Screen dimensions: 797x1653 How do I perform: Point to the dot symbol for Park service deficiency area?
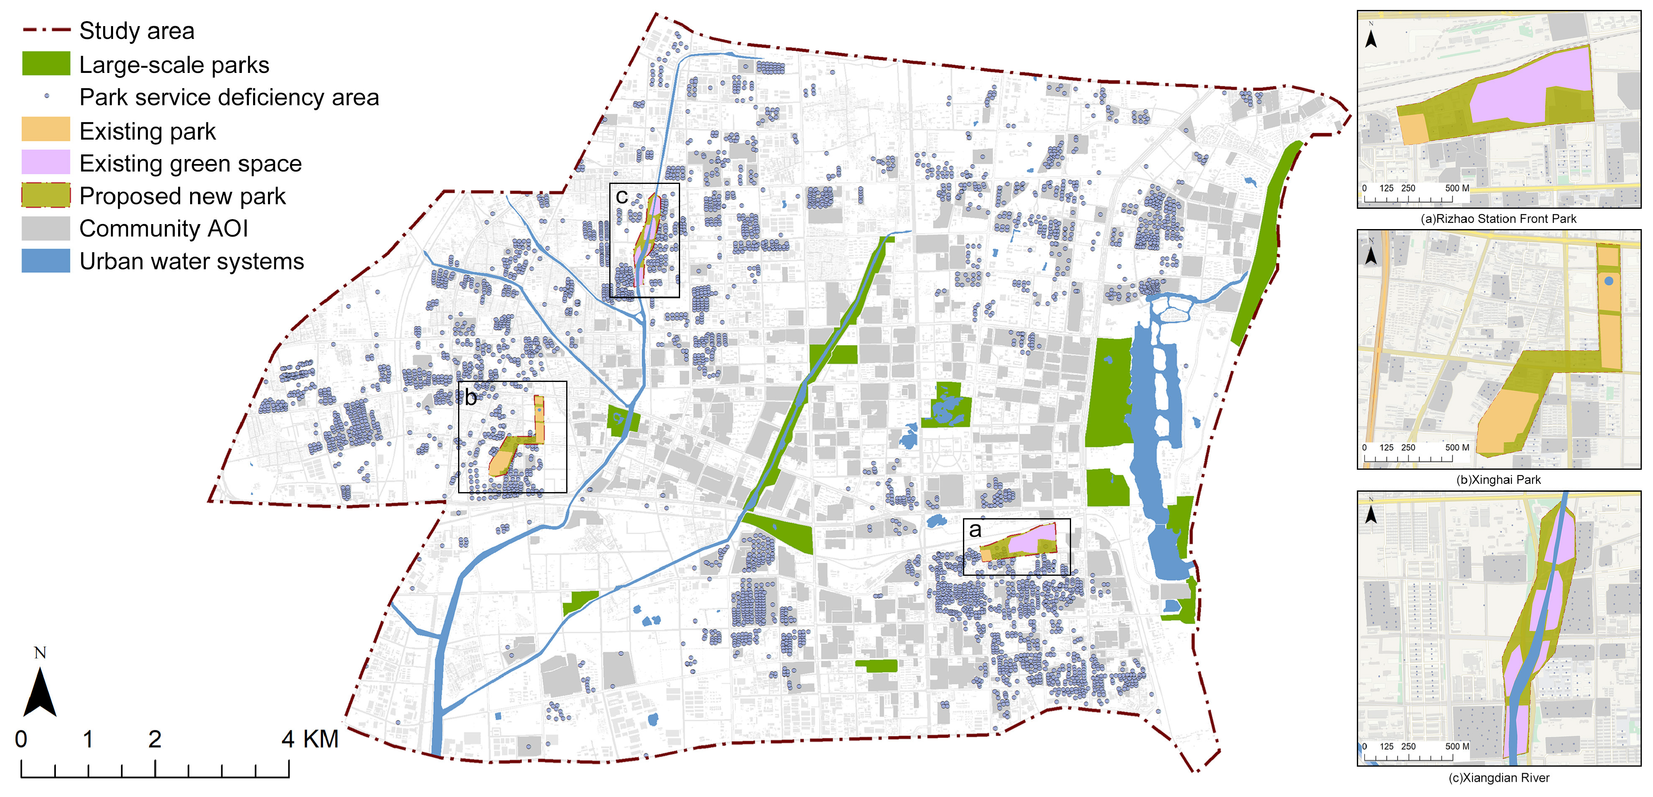point(46,96)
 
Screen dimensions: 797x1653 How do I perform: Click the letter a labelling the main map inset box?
point(975,530)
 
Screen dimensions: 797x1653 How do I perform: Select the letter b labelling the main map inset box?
point(471,398)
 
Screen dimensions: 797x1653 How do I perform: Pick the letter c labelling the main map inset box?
point(621,196)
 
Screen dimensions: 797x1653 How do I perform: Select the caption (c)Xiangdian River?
point(1499,778)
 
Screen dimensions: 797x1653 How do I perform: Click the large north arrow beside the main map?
point(40,690)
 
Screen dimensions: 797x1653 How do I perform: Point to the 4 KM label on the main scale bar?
point(309,739)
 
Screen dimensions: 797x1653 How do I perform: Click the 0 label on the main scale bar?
point(21,739)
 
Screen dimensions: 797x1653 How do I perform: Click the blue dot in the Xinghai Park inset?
point(1608,280)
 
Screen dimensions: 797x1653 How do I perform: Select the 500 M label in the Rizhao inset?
point(1457,188)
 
